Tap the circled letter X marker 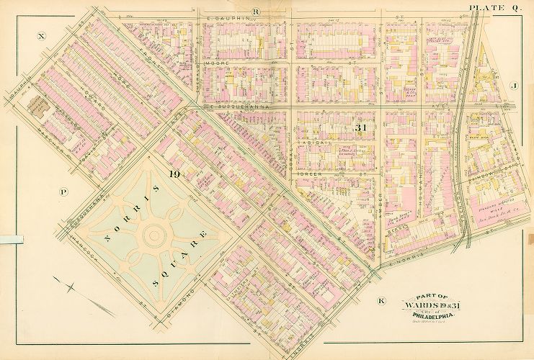42,35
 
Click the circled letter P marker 63,192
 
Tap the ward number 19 174,174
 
